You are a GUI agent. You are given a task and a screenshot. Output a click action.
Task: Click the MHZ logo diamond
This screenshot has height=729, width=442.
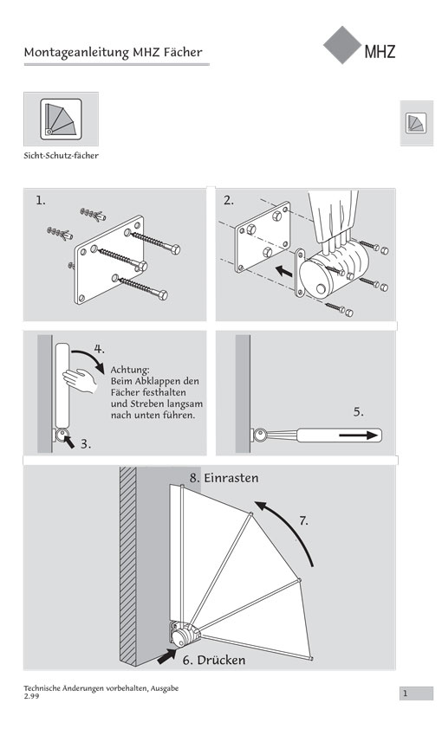coord(342,45)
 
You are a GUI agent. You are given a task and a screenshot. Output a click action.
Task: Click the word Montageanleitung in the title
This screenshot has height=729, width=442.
coord(76,53)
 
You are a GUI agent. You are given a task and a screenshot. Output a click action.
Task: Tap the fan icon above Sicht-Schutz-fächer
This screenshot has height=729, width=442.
coord(61,119)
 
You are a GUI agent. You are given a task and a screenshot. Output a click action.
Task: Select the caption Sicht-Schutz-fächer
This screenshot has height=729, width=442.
coord(61,156)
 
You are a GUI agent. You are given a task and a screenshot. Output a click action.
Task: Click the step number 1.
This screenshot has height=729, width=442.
coord(41,201)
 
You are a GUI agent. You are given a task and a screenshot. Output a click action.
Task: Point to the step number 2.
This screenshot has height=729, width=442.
coord(229,201)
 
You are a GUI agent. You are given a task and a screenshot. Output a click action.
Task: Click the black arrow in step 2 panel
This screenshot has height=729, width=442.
coord(283,271)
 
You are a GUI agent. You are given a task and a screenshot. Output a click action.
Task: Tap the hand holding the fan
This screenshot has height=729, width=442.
coord(80,380)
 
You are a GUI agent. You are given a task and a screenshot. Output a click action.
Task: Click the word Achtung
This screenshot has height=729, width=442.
coord(130,370)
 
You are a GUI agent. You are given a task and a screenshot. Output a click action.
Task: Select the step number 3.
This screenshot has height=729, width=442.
coord(86,444)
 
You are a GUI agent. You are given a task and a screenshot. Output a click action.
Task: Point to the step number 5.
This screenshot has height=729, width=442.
coord(358,412)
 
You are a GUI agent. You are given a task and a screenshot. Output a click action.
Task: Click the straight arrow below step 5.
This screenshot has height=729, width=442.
coord(358,435)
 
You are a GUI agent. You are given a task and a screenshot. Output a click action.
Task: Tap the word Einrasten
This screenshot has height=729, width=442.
coord(231,478)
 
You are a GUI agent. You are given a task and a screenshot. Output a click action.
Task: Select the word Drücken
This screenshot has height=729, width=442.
coord(221,661)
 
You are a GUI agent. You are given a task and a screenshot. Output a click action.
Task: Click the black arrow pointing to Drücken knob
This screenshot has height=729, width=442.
coord(167,656)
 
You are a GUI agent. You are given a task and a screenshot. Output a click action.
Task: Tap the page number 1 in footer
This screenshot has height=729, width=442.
coord(406,694)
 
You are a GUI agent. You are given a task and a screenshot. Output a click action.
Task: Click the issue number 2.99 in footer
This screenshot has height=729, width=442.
coord(32,696)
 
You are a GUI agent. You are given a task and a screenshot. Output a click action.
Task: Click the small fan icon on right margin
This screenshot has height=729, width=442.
coord(416,123)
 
